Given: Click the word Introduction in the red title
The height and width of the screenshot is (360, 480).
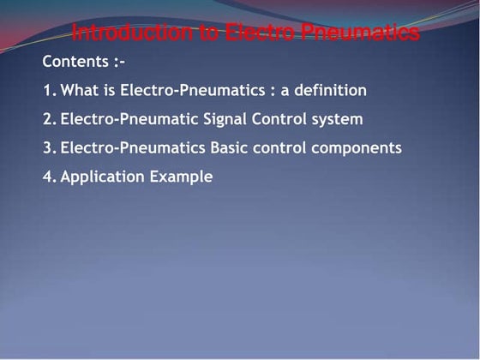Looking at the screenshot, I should [124, 33].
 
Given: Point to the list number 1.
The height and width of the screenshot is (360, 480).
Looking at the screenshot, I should [48, 90].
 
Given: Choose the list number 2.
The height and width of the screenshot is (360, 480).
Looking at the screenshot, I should [48, 119].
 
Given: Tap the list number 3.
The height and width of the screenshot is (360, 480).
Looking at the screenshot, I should [48, 147].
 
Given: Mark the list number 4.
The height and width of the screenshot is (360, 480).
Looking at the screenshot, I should [48, 177].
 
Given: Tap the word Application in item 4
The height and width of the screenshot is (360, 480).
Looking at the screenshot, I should [101, 177].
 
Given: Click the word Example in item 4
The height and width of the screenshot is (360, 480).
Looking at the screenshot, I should [180, 177].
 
